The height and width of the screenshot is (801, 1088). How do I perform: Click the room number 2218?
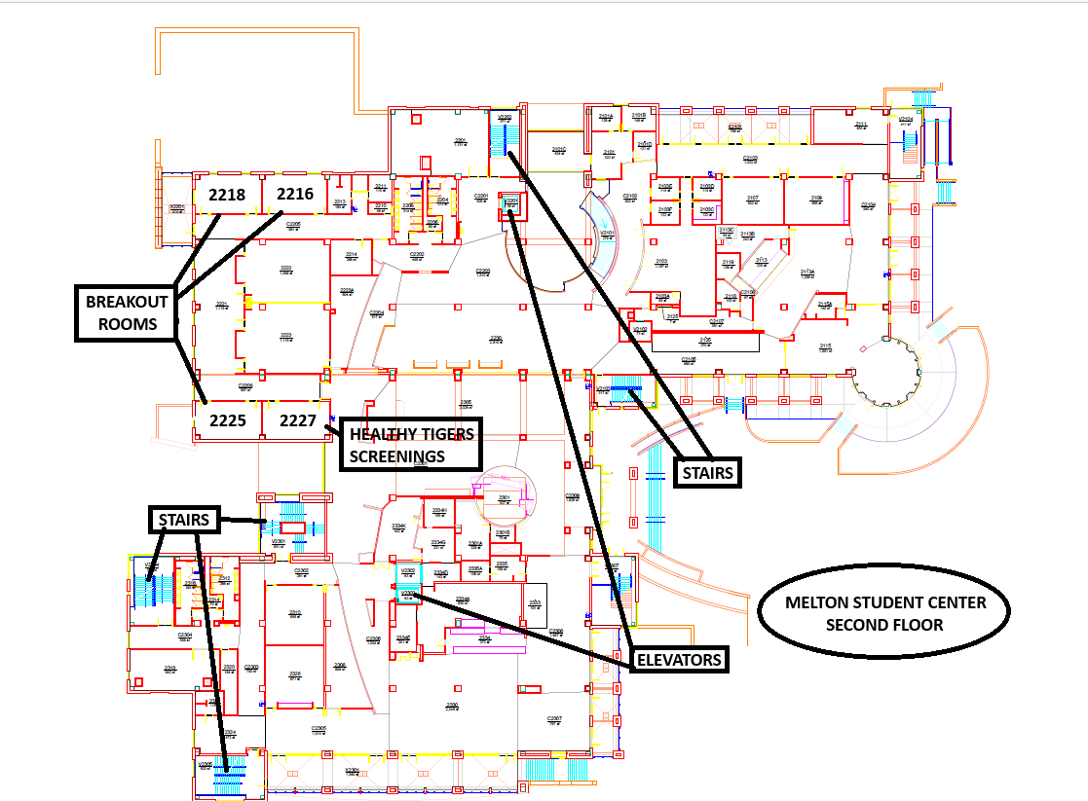227,195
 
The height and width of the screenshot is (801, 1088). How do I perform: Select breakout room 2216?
295,194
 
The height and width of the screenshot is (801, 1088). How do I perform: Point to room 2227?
298,421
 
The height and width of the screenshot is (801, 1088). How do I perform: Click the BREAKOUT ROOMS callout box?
127,313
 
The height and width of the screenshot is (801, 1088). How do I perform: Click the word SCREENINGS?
397,455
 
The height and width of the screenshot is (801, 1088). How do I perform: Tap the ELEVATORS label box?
679,660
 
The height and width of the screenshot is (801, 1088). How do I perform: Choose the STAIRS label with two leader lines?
707,474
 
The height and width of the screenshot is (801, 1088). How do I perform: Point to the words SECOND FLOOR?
884,624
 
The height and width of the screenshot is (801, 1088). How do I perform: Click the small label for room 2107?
753,199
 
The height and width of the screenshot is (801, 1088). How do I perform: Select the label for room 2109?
816,199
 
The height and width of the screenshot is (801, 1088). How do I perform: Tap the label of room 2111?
861,125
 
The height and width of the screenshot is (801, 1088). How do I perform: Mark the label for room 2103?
661,262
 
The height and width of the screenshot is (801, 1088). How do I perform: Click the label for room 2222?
285,269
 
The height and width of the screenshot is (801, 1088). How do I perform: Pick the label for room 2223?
285,336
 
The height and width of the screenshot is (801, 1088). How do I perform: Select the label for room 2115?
825,346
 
